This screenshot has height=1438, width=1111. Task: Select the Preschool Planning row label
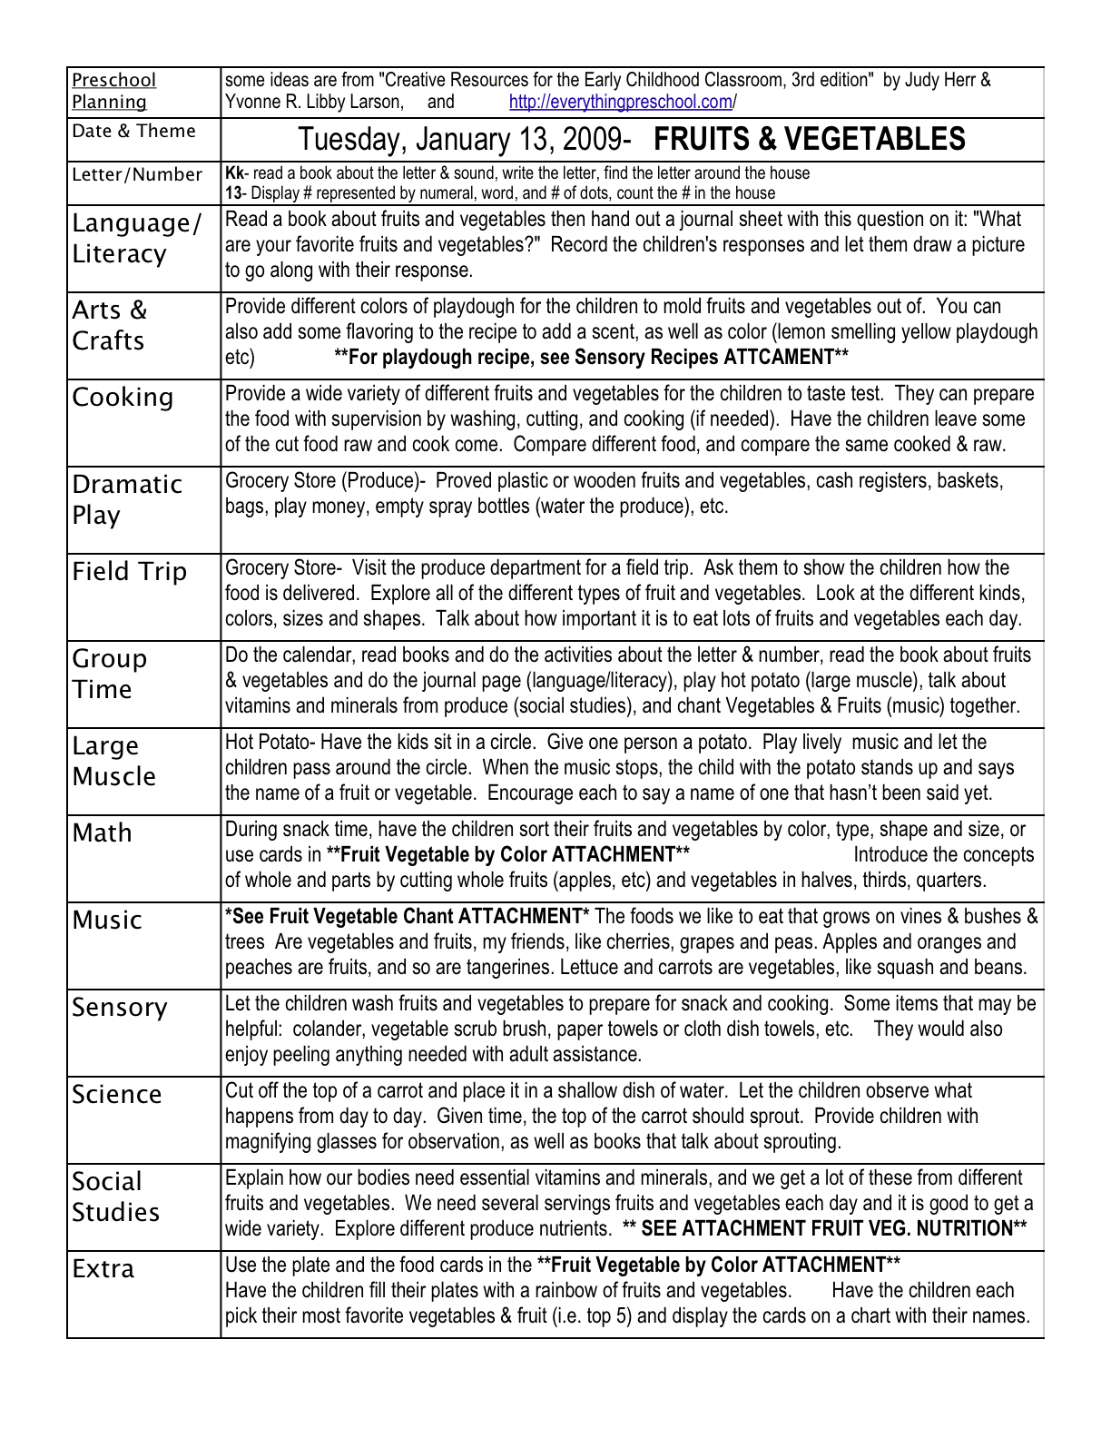click(x=113, y=91)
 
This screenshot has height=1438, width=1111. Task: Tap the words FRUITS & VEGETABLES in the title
click(x=809, y=139)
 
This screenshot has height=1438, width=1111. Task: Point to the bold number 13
click(x=232, y=192)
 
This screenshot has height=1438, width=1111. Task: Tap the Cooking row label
click(x=123, y=398)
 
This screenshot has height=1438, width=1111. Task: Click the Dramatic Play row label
click(x=127, y=499)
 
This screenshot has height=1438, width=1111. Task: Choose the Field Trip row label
click(x=129, y=572)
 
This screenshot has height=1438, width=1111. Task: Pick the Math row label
click(x=103, y=833)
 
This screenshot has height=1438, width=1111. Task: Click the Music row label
click(x=107, y=921)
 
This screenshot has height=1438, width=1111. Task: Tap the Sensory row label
click(x=120, y=1008)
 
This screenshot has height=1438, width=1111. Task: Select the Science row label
click(x=117, y=1095)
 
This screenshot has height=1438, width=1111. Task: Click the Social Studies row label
click(x=115, y=1197)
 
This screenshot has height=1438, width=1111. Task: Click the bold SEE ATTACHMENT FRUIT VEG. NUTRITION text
click(x=824, y=1228)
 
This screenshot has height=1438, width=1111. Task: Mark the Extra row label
click(x=103, y=1269)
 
